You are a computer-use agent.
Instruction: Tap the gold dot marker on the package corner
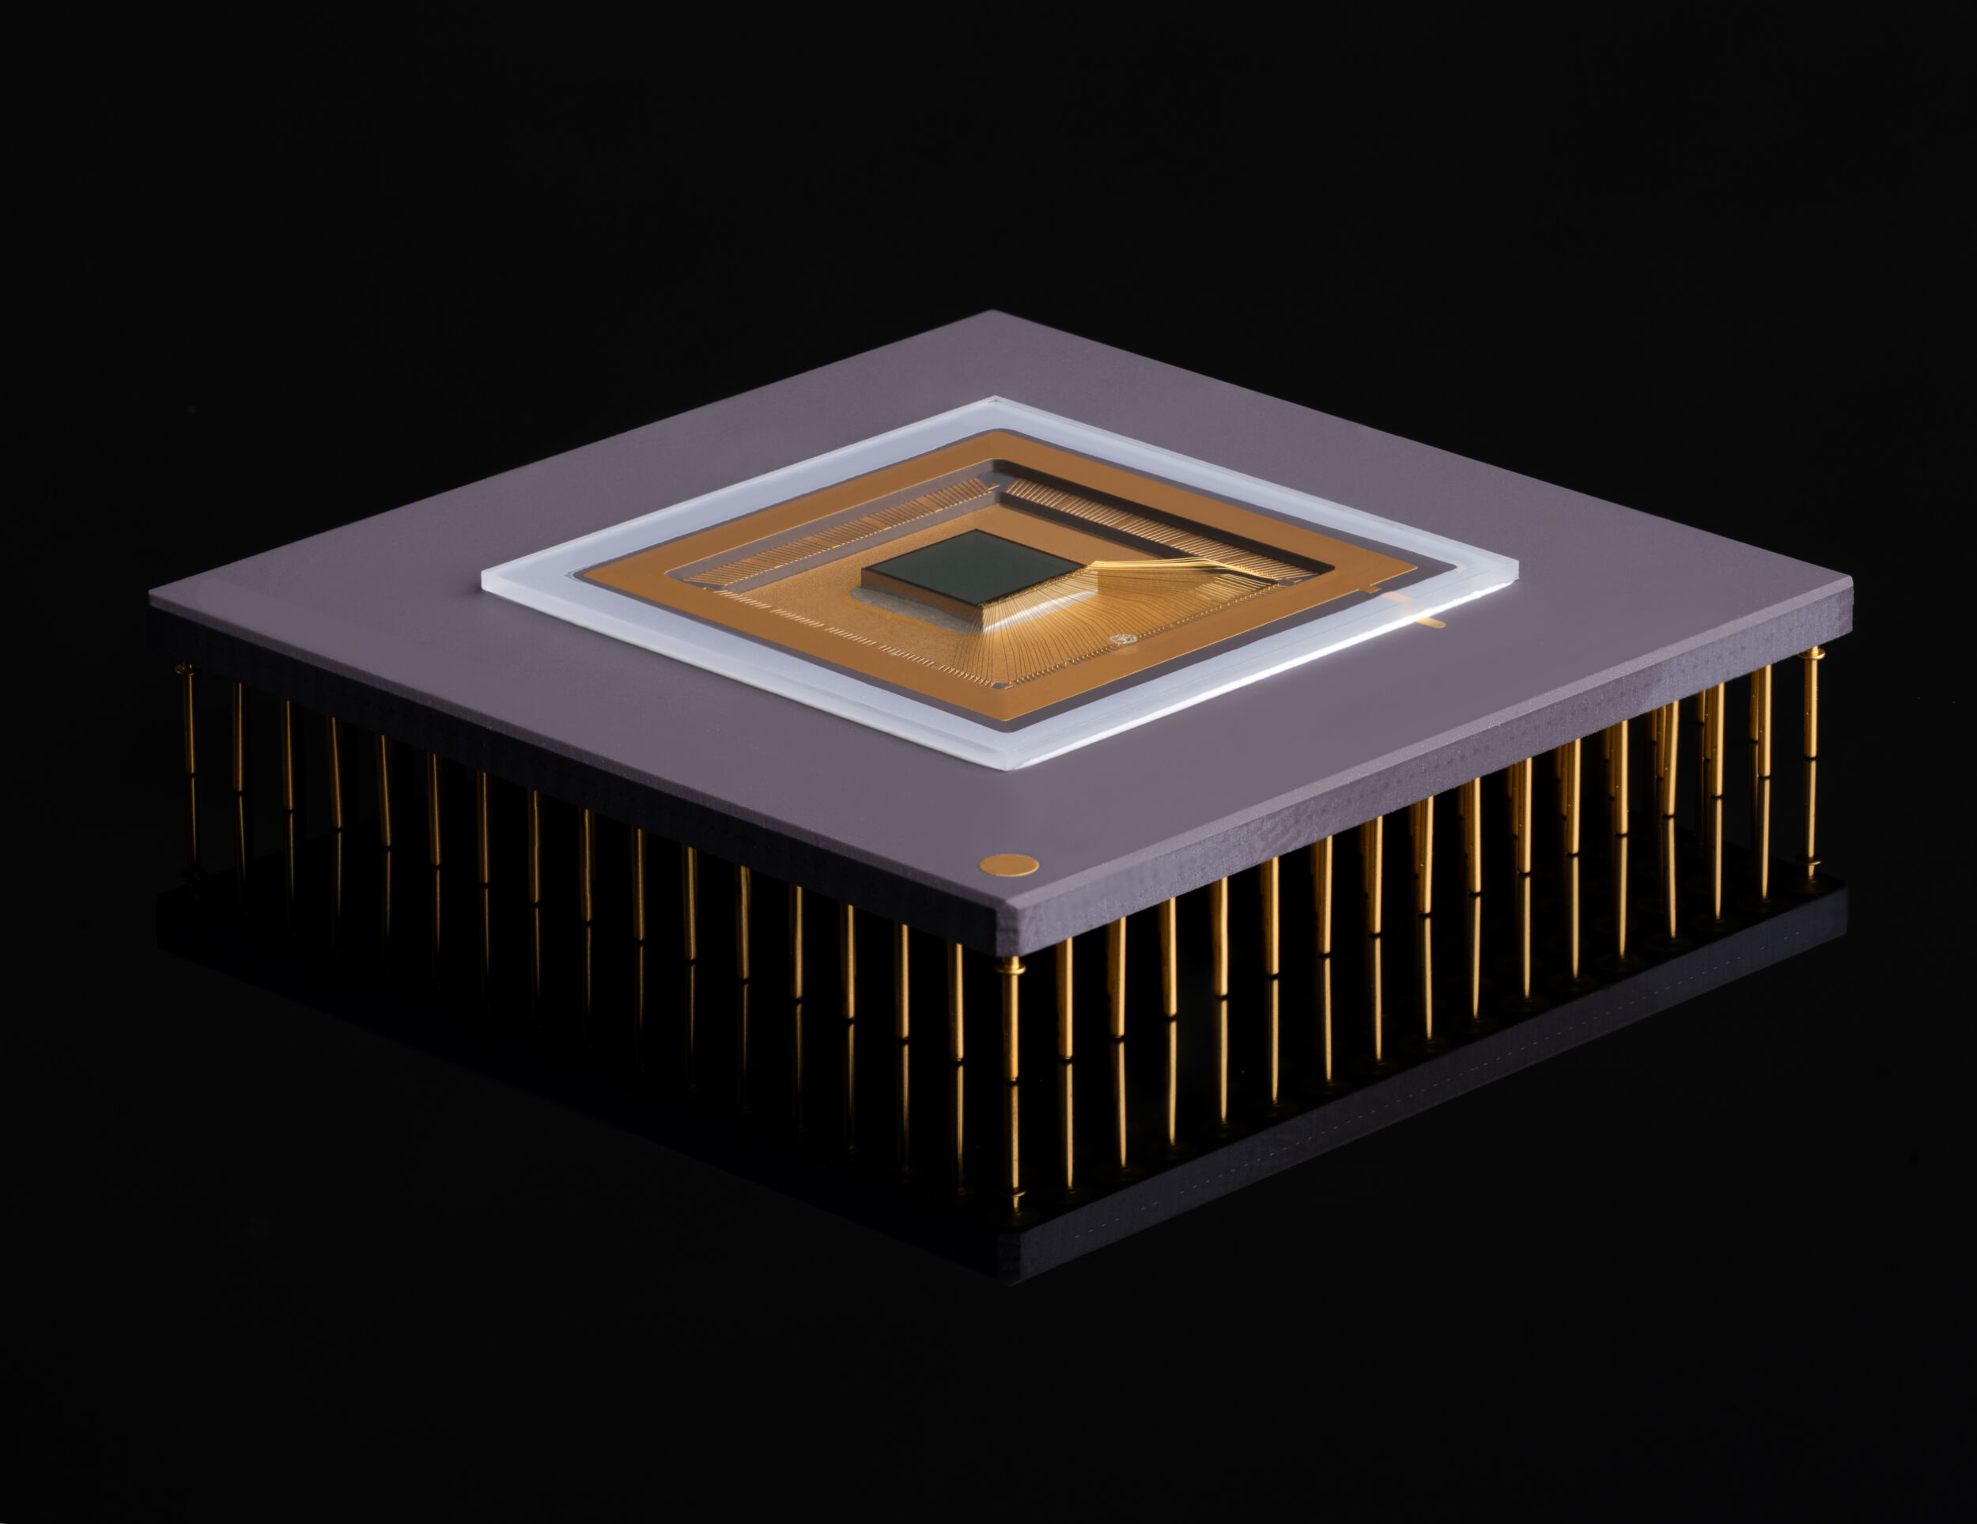(1008, 864)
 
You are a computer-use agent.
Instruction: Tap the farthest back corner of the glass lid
(996, 398)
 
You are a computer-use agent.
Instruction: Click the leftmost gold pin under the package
(188, 770)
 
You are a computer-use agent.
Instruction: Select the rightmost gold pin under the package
(1810, 761)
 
